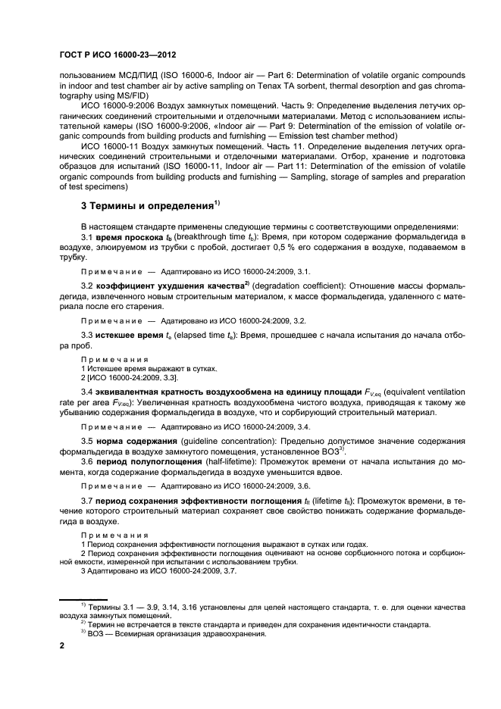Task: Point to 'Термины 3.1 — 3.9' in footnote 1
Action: point(123,607)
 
